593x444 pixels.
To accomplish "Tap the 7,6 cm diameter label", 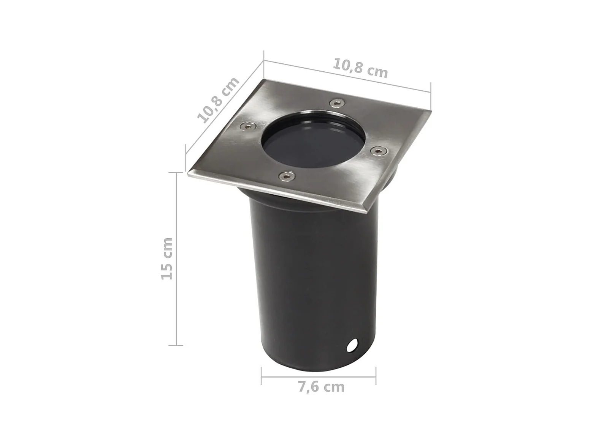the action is tap(321, 387).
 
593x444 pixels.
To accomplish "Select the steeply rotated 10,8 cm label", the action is tap(218, 100).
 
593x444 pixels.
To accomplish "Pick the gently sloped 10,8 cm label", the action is tap(360, 68).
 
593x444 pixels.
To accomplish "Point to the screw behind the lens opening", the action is tap(338, 103).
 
